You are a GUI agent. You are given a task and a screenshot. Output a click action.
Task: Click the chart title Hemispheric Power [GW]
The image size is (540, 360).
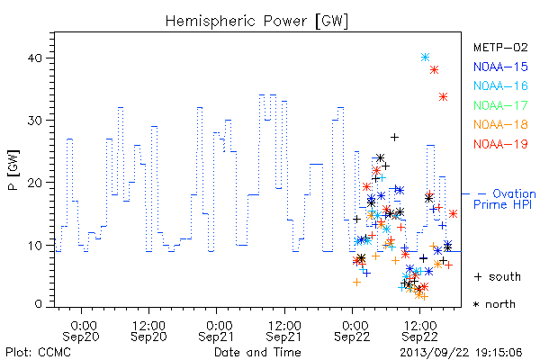256,22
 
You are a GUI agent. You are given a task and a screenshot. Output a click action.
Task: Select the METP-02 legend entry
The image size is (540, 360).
500,47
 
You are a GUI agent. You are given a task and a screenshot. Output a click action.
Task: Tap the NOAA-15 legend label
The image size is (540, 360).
500,67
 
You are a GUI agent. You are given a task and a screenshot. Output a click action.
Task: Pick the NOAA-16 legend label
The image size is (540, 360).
500,85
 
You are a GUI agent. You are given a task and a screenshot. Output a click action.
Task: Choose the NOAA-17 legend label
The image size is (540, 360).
500,105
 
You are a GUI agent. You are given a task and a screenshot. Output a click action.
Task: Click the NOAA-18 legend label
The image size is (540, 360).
500,124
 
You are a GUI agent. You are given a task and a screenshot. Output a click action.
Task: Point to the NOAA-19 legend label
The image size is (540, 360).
500,144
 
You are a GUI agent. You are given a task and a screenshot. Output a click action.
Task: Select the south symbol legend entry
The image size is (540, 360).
498,276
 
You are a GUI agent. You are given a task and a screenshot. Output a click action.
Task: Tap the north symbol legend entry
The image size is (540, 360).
494,304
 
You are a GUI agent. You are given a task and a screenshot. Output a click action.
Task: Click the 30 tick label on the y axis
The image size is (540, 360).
35,121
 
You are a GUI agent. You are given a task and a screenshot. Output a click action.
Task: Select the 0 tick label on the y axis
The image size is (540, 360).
39,304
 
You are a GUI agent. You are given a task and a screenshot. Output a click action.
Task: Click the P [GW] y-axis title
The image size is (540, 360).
14,170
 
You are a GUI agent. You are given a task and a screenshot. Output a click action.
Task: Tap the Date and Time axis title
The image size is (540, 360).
257,352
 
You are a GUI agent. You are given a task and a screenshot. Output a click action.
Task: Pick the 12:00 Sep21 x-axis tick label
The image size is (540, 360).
284,331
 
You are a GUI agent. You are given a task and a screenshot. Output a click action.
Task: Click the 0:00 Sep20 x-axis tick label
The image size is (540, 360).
81,331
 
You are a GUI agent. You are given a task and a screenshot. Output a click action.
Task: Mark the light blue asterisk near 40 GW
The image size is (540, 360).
426,58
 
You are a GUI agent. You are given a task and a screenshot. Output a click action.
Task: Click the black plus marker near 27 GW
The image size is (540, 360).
395,138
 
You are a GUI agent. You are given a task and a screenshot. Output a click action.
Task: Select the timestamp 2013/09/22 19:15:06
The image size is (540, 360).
461,353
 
